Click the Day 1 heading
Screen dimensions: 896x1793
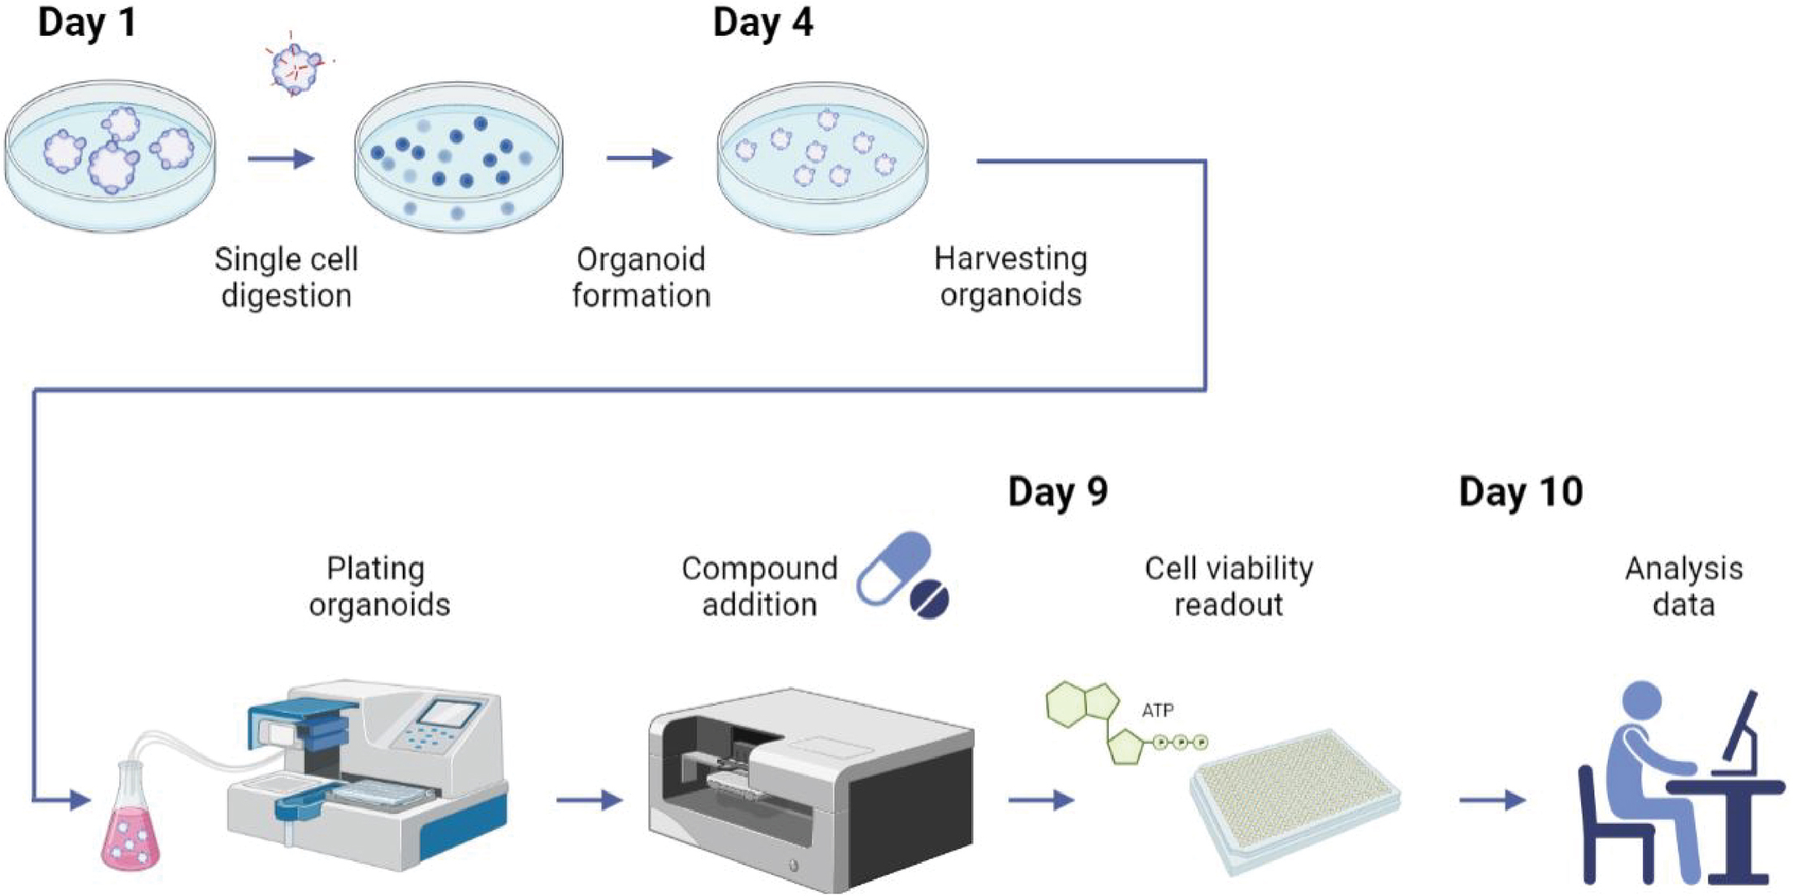(87, 23)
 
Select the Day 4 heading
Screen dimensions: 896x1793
(763, 23)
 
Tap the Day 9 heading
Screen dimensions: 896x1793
(1057, 492)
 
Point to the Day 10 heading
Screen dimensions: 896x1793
(1520, 492)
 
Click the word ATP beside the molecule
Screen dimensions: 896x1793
(1157, 711)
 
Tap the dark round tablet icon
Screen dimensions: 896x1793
(930, 599)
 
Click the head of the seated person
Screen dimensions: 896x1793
(1641, 703)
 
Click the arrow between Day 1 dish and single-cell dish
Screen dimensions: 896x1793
(281, 158)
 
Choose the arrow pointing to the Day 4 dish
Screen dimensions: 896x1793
(640, 158)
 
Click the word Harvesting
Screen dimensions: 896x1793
(1010, 259)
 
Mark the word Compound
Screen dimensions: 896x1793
(759, 569)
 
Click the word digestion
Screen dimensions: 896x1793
(286, 296)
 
